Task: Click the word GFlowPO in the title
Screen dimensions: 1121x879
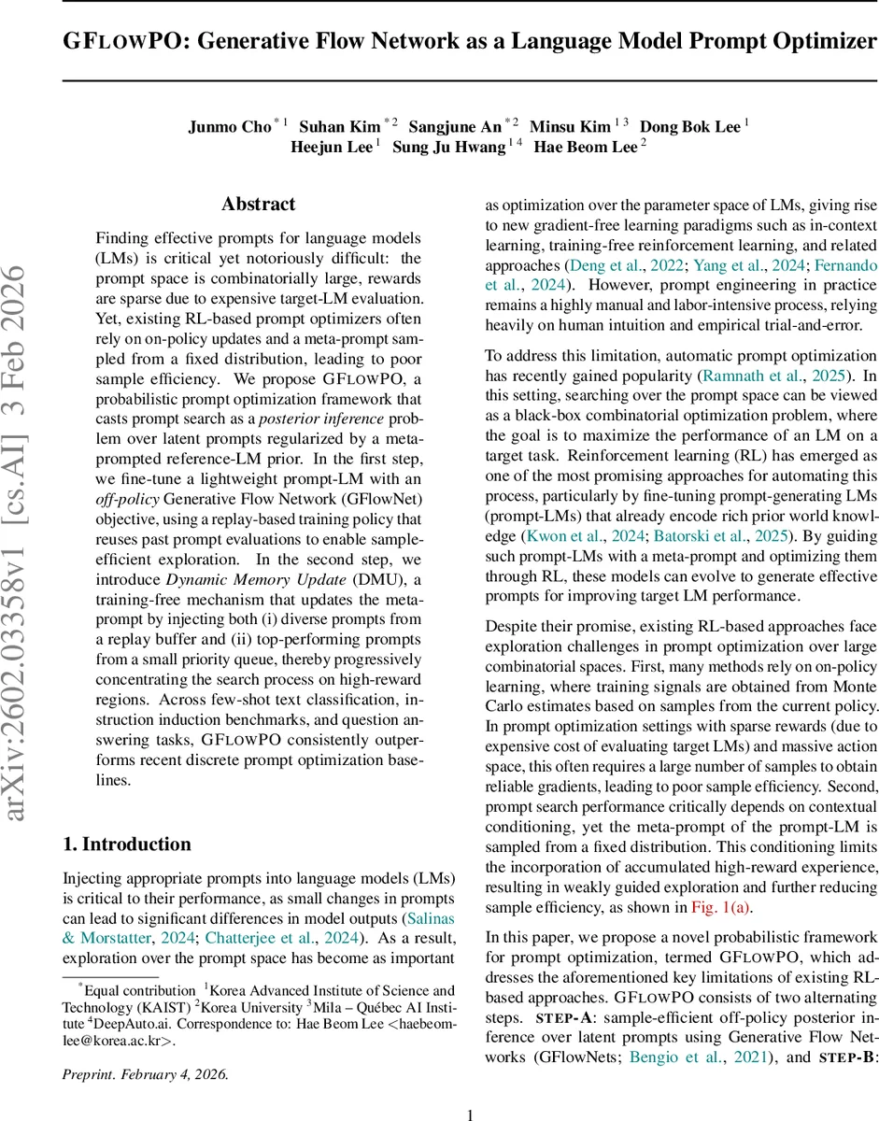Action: pyautogui.click(x=123, y=42)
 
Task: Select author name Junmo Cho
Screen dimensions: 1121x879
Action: pyautogui.click(x=229, y=126)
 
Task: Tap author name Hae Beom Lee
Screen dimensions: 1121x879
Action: pyautogui.click(x=586, y=147)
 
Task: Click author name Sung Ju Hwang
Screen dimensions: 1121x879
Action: pyautogui.click(x=448, y=147)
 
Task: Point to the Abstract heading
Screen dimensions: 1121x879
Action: pyautogui.click(x=258, y=204)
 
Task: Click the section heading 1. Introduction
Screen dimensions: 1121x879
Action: pyautogui.click(x=126, y=844)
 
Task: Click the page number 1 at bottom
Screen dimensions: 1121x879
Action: pyautogui.click(x=470, y=1088)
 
